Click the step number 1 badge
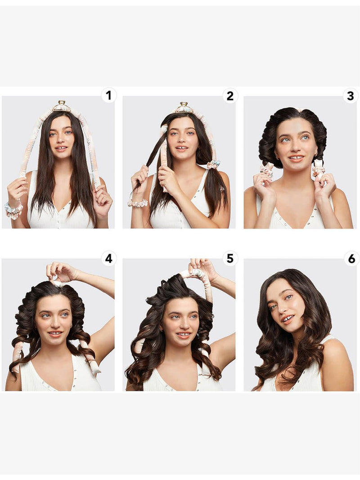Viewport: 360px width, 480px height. click(108, 95)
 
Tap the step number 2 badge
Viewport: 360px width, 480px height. click(230, 95)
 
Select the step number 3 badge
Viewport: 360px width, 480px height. click(351, 95)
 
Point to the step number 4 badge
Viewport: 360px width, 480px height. click(108, 259)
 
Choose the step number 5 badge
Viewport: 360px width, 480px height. click(230, 259)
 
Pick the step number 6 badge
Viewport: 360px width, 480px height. click(351, 259)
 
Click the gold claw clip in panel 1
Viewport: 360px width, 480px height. click(62, 106)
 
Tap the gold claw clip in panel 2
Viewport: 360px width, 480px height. click(184, 108)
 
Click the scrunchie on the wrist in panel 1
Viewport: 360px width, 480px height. click(14, 211)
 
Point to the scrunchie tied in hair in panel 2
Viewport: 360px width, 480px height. click(213, 164)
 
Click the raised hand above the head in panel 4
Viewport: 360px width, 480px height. click(62, 272)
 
